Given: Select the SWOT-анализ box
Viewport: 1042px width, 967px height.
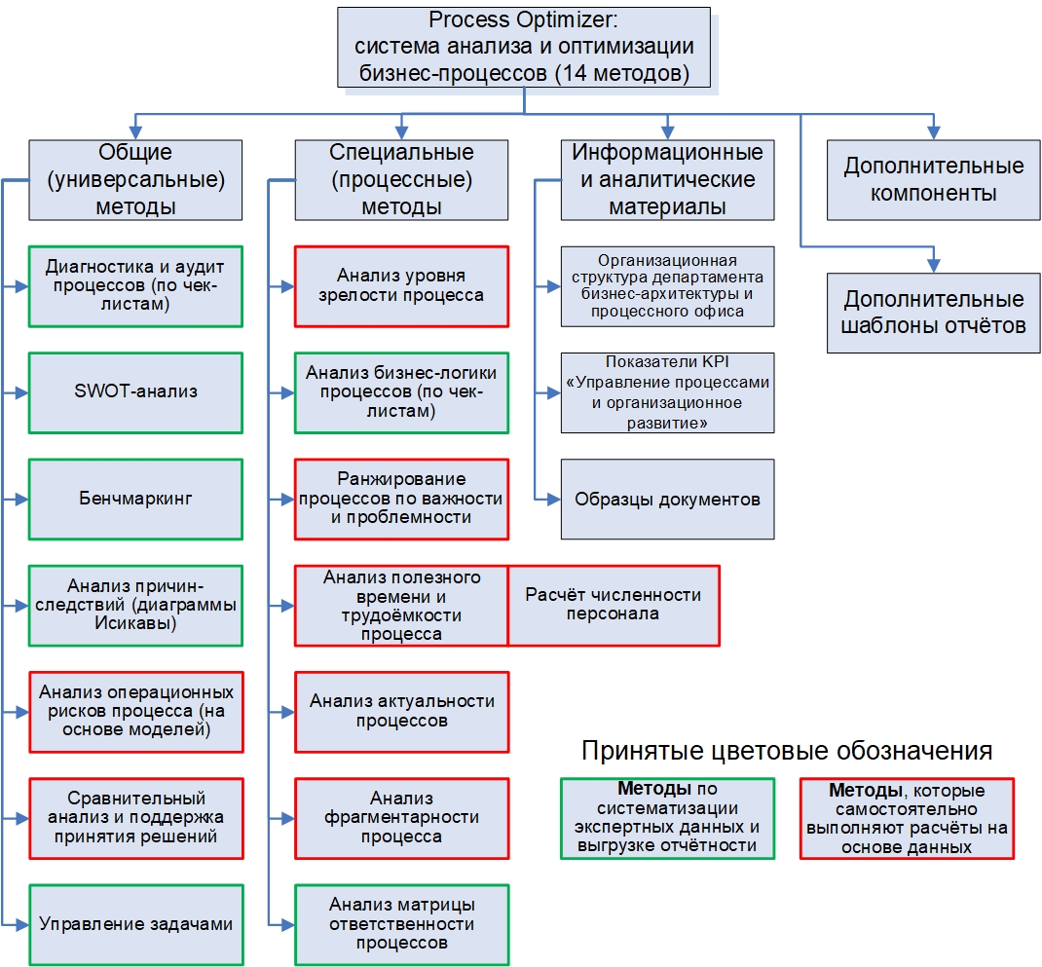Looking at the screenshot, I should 135,392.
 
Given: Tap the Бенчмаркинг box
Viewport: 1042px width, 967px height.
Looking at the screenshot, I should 135,499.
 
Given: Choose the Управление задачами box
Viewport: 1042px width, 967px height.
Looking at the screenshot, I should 135,924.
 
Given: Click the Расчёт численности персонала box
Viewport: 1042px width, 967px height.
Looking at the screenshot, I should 614,605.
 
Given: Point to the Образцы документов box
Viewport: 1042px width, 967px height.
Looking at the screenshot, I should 667,499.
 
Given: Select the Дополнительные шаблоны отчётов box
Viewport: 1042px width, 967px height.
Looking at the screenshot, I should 933,312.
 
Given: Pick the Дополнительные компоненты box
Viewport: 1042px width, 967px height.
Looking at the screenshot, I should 933,179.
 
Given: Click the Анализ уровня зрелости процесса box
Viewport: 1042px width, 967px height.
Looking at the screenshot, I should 401,285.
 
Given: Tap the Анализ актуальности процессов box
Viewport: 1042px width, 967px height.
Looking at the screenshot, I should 401,711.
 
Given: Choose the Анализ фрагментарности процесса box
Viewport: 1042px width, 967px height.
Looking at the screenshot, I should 401,817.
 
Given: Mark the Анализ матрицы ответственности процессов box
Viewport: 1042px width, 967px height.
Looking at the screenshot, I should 401,924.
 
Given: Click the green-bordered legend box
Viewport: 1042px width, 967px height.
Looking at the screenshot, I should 667,817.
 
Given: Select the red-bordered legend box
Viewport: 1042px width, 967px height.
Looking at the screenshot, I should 907,817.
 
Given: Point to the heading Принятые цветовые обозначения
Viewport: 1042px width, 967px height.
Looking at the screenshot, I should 787,751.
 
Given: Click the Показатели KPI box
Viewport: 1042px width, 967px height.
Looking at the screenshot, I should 667,392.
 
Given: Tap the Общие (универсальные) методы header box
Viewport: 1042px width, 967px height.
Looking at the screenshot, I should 135,179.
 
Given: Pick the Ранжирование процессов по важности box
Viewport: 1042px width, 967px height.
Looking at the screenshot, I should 401,499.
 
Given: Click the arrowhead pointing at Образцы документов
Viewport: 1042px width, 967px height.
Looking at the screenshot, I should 555,499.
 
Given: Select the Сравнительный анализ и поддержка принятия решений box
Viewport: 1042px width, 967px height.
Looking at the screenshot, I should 135,817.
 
